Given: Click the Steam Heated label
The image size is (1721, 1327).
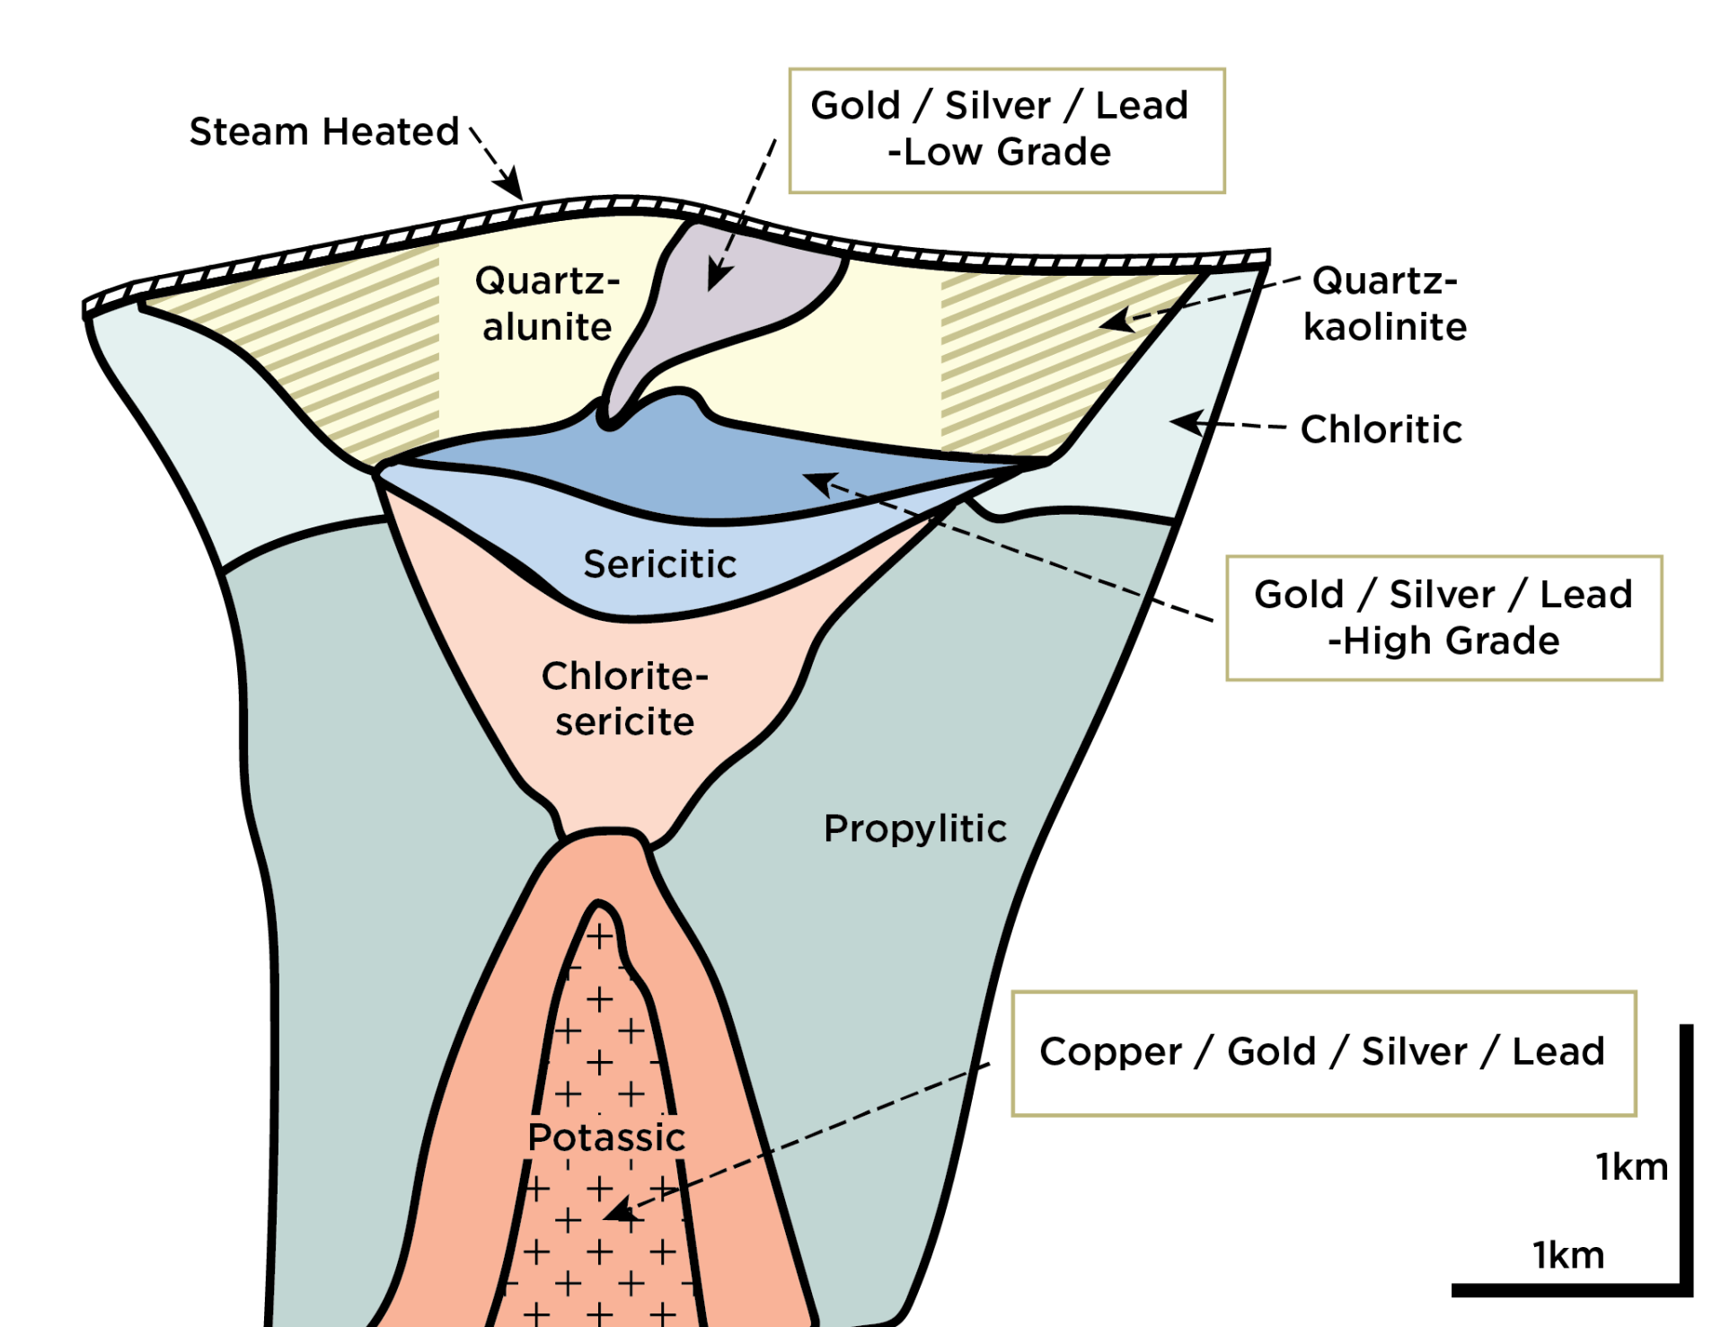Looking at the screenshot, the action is click(324, 131).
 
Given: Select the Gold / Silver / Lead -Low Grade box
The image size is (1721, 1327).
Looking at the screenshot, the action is click(1007, 130).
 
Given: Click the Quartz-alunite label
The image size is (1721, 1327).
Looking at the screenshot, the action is click(547, 304).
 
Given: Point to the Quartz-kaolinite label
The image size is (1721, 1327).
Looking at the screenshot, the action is click(1385, 304).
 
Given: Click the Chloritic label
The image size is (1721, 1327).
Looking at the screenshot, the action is click(1381, 429).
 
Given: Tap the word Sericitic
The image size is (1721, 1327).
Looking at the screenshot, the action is click(660, 564).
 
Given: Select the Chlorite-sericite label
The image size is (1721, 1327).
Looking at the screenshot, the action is click(625, 699).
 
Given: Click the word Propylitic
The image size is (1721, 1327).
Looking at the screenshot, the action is click(915, 829).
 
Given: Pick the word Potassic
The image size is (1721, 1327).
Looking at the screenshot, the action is click(606, 1137).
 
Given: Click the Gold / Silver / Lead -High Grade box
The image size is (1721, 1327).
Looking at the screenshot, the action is click(1444, 618).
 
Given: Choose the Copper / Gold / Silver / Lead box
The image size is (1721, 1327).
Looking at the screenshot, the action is click(1324, 1054).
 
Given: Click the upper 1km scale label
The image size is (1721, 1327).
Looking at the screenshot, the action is click(1632, 1167).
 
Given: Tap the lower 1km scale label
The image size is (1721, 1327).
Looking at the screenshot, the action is click(1568, 1255).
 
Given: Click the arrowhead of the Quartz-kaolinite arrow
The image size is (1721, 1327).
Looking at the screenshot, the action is click(1116, 320).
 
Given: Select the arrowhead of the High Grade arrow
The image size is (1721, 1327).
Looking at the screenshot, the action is click(819, 483).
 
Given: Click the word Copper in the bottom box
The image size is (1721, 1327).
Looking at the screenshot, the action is click(1110, 1052).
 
